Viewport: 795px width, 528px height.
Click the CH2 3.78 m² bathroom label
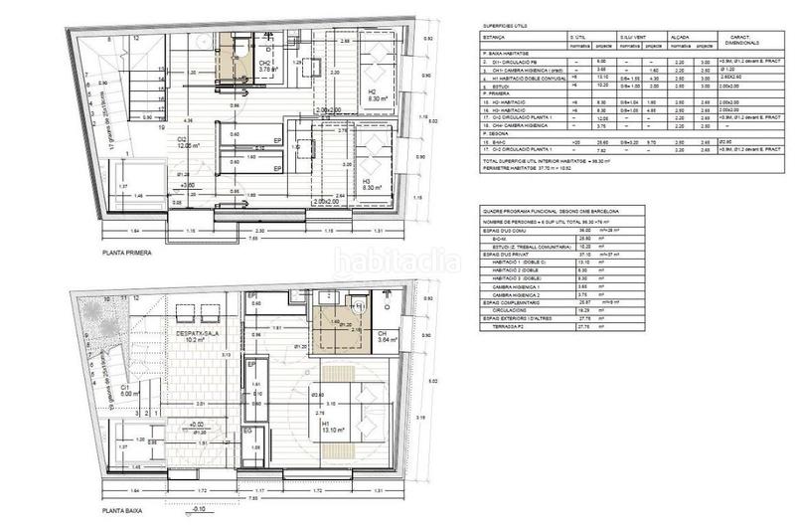coord(265,67)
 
